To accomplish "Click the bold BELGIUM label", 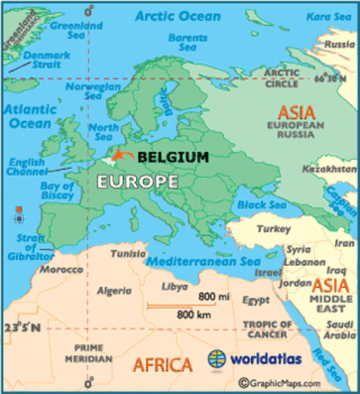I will click(172, 157).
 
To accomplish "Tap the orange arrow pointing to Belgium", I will click(124, 155).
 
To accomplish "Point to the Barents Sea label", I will click(188, 42).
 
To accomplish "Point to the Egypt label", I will click(255, 301).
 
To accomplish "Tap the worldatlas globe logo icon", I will click(216, 360).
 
